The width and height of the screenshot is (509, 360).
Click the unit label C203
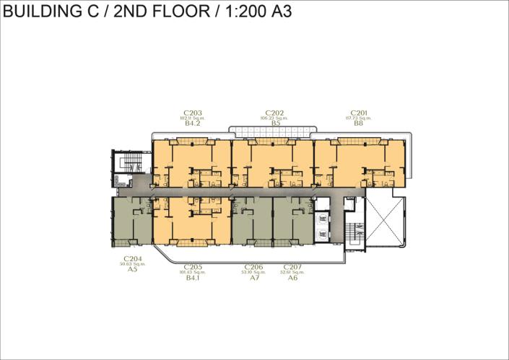click(192, 113)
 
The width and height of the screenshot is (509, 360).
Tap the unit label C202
click(275, 113)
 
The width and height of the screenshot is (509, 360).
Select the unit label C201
click(359, 113)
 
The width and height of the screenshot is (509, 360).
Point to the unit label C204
click(132, 258)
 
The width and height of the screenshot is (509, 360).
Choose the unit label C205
click(193, 267)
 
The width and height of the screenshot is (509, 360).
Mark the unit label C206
click(253, 267)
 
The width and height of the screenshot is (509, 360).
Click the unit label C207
click(292, 267)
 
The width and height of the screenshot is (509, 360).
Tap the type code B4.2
click(192, 124)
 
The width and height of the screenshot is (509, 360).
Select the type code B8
click(359, 124)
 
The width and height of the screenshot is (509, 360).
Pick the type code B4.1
click(193, 278)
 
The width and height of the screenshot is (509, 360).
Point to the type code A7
click(253, 278)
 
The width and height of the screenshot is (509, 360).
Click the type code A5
click(132, 270)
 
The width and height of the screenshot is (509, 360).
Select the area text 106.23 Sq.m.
click(275, 118)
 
